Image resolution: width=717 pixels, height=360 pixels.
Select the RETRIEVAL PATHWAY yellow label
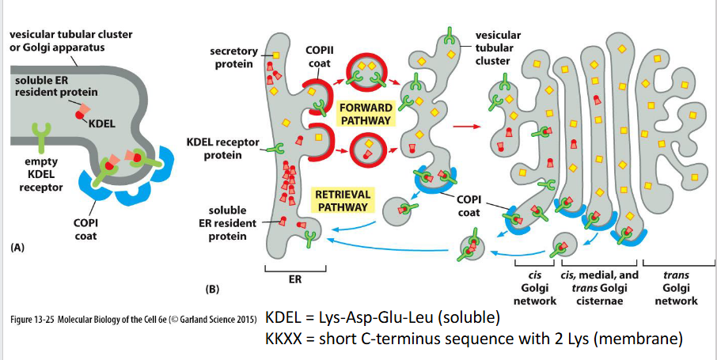point(342,199)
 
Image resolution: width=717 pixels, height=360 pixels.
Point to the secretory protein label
point(233,58)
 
